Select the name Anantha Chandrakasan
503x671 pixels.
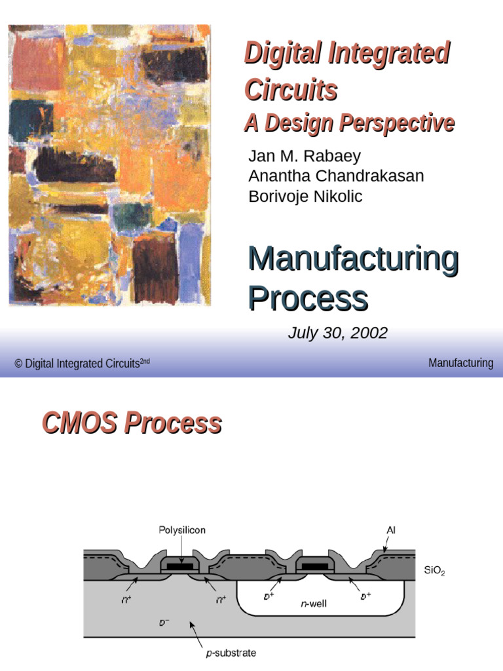point(336,176)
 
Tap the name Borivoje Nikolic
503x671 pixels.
point(305,196)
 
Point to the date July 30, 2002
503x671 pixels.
point(337,333)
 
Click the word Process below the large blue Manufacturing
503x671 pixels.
point(307,298)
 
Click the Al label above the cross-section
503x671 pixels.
point(391,529)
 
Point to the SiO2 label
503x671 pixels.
point(434,571)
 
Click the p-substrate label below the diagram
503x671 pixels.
point(229,653)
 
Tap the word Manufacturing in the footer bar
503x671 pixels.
point(460,363)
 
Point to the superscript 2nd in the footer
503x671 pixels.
point(145,360)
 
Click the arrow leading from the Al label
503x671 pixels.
point(386,543)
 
